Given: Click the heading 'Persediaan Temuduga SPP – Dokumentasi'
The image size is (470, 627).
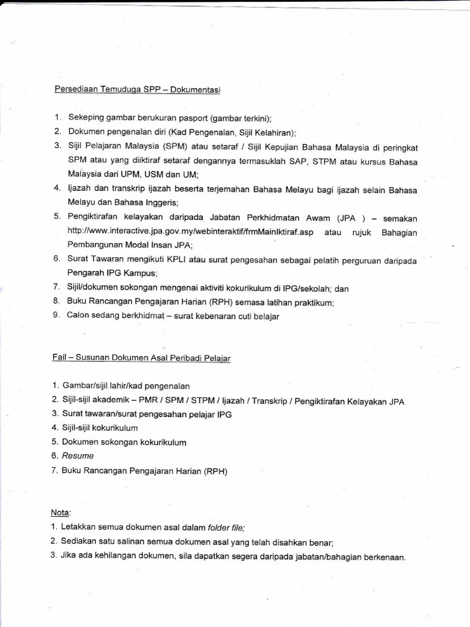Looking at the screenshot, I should click(x=137, y=89).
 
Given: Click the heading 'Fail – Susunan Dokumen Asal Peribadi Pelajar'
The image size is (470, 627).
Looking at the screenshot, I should click(x=141, y=358).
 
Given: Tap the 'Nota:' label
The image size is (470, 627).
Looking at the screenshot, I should click(x=61, y=512).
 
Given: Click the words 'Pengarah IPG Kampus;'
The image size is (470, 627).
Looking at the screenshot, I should click(x=112, y=274).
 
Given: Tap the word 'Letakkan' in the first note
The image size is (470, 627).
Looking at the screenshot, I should click(x=81, y=527).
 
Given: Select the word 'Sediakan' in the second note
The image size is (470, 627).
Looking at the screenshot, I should click(x=82, y=542).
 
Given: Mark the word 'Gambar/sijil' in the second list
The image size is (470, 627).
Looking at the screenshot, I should click(x=86, y=386).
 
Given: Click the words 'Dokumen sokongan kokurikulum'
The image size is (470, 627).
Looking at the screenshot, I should click(x=124, y=442).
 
